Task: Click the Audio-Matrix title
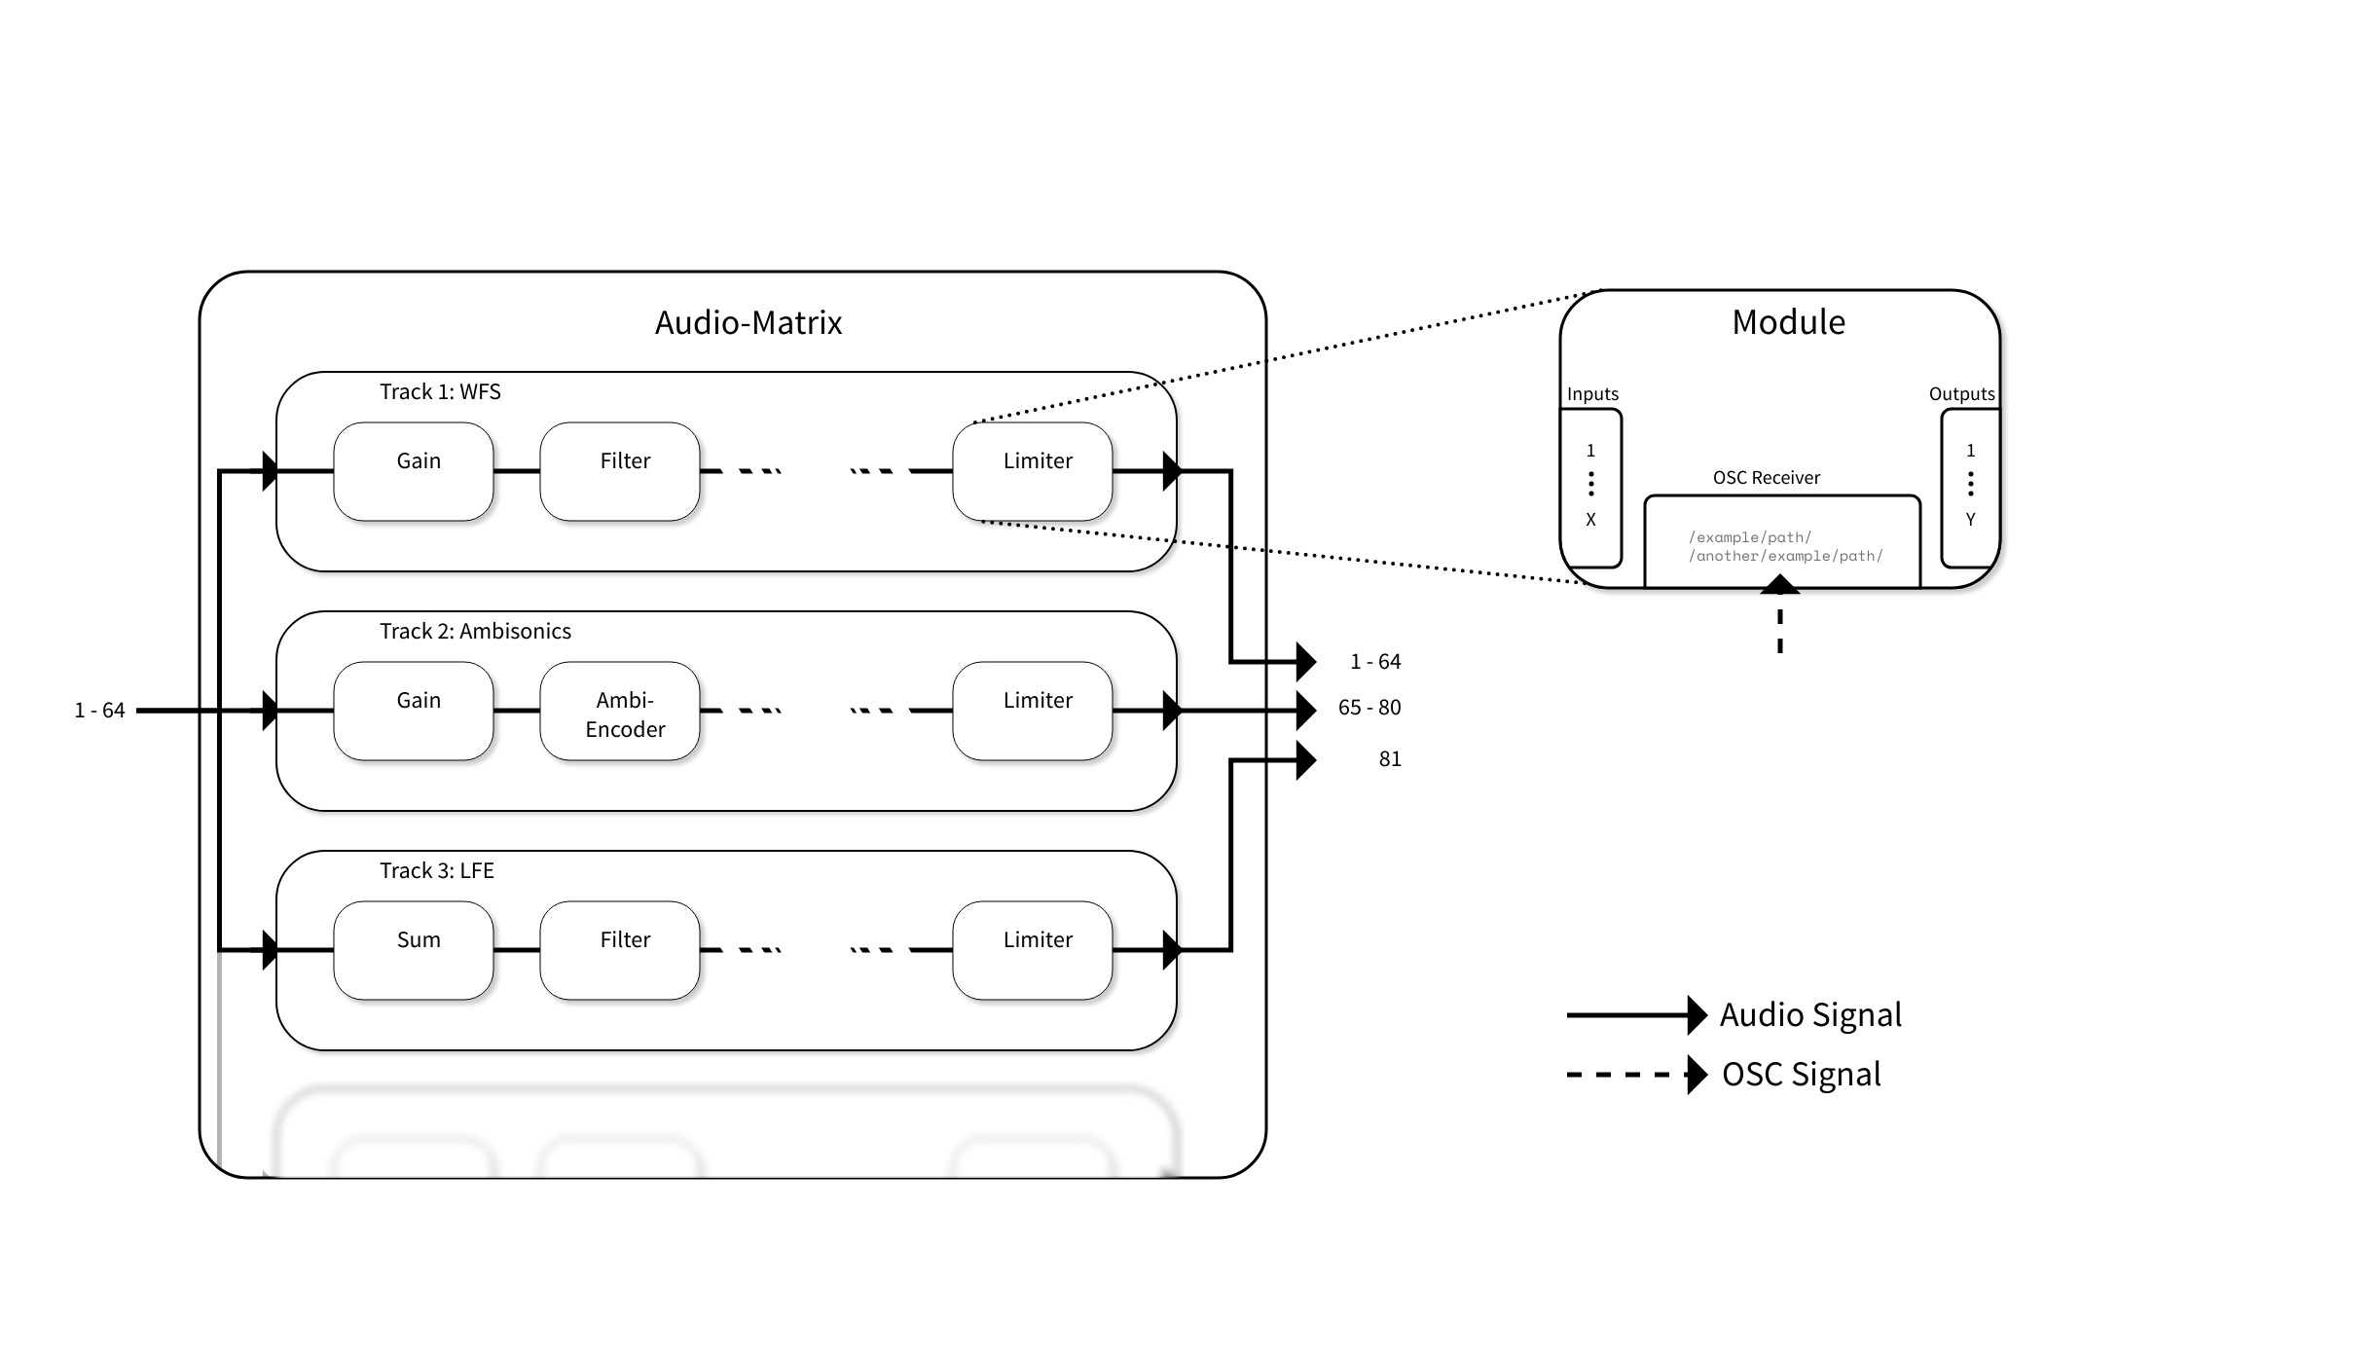748,322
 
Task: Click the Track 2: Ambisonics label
475,631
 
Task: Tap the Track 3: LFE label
436,870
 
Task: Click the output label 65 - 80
1369,708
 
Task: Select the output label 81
1390,759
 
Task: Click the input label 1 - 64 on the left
99,711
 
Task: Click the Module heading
1788,322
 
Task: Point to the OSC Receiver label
1766,478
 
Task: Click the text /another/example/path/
1785,556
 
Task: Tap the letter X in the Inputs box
1590,520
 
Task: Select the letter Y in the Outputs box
1970,520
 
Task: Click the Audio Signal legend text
1809,1014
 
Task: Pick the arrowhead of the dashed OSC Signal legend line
1697,1075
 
